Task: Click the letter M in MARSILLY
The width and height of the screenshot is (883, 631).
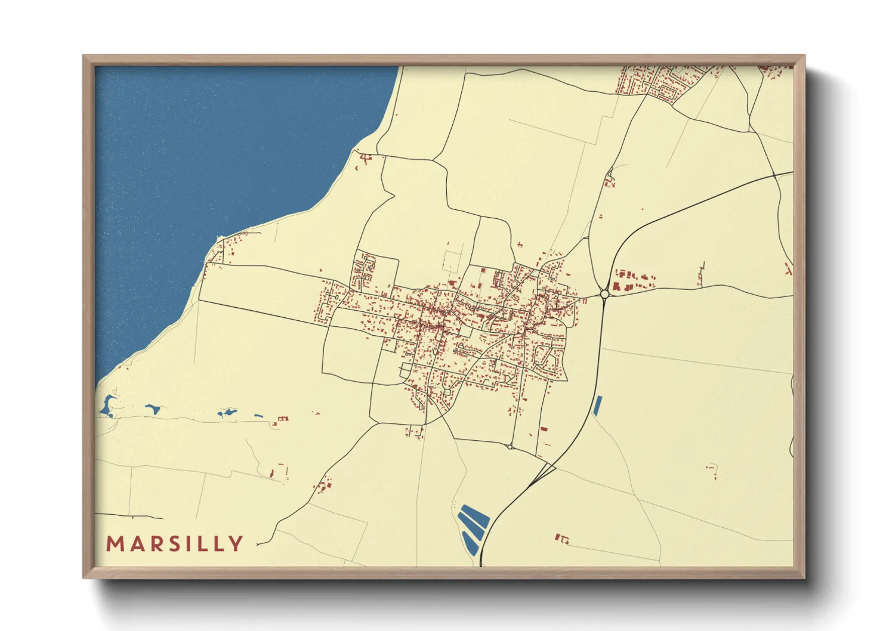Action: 115,544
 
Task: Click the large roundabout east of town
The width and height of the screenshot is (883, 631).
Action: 604,293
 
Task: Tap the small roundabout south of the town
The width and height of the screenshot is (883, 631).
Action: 510,446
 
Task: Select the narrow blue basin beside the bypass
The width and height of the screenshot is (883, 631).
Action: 597,406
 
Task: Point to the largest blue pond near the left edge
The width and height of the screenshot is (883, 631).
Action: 108,406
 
